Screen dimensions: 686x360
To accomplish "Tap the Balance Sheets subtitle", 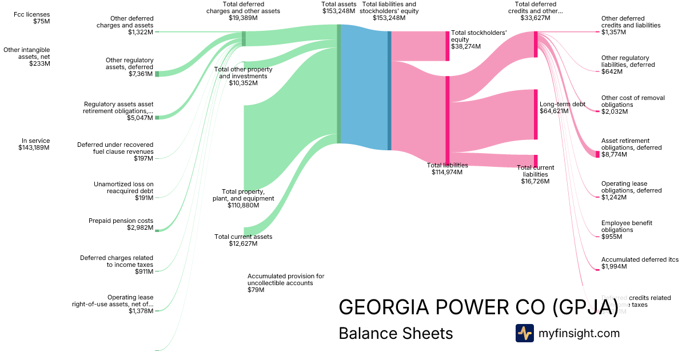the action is pos(396,333).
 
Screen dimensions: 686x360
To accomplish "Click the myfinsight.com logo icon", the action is pos(524,333).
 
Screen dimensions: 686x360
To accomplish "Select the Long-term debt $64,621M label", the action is pos(562,108).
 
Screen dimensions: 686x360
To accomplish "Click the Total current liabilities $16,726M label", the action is pos(535,174).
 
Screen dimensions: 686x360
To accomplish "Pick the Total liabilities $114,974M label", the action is pos(447,169).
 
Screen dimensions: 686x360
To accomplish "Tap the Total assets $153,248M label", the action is pos(339,8).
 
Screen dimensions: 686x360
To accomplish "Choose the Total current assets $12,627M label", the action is pos(243,240).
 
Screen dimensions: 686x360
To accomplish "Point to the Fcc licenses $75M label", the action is pos(33,18).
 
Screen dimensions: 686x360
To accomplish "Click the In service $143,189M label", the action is pos(34,144).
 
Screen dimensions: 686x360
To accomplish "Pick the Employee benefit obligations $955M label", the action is pos(627,230).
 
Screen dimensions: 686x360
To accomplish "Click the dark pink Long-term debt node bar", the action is pos(536,114).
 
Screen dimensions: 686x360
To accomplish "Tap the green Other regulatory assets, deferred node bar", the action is pos(157,74).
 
